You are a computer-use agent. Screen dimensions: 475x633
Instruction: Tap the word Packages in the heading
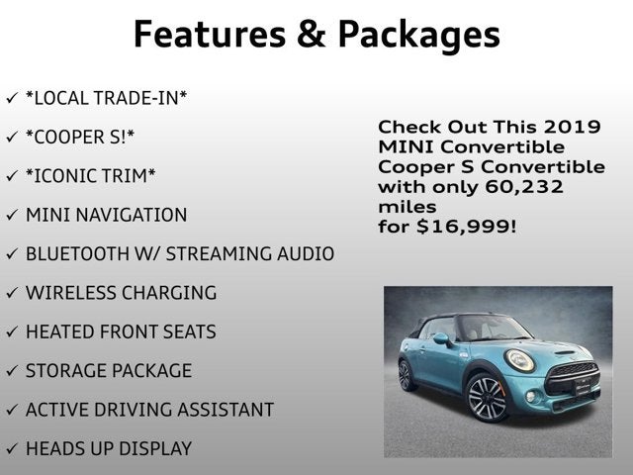418,35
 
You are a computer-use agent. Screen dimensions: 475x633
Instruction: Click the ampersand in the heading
306,35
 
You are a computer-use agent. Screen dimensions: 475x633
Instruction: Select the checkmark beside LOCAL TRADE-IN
11,98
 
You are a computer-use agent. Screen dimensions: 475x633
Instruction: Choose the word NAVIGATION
135,215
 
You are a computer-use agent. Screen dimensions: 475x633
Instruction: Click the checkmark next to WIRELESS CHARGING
11,294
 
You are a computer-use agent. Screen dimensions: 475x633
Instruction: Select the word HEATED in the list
62,332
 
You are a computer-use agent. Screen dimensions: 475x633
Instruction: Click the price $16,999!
466,227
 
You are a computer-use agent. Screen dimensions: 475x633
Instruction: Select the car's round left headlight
520,361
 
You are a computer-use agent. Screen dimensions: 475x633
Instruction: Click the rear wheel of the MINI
406,374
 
